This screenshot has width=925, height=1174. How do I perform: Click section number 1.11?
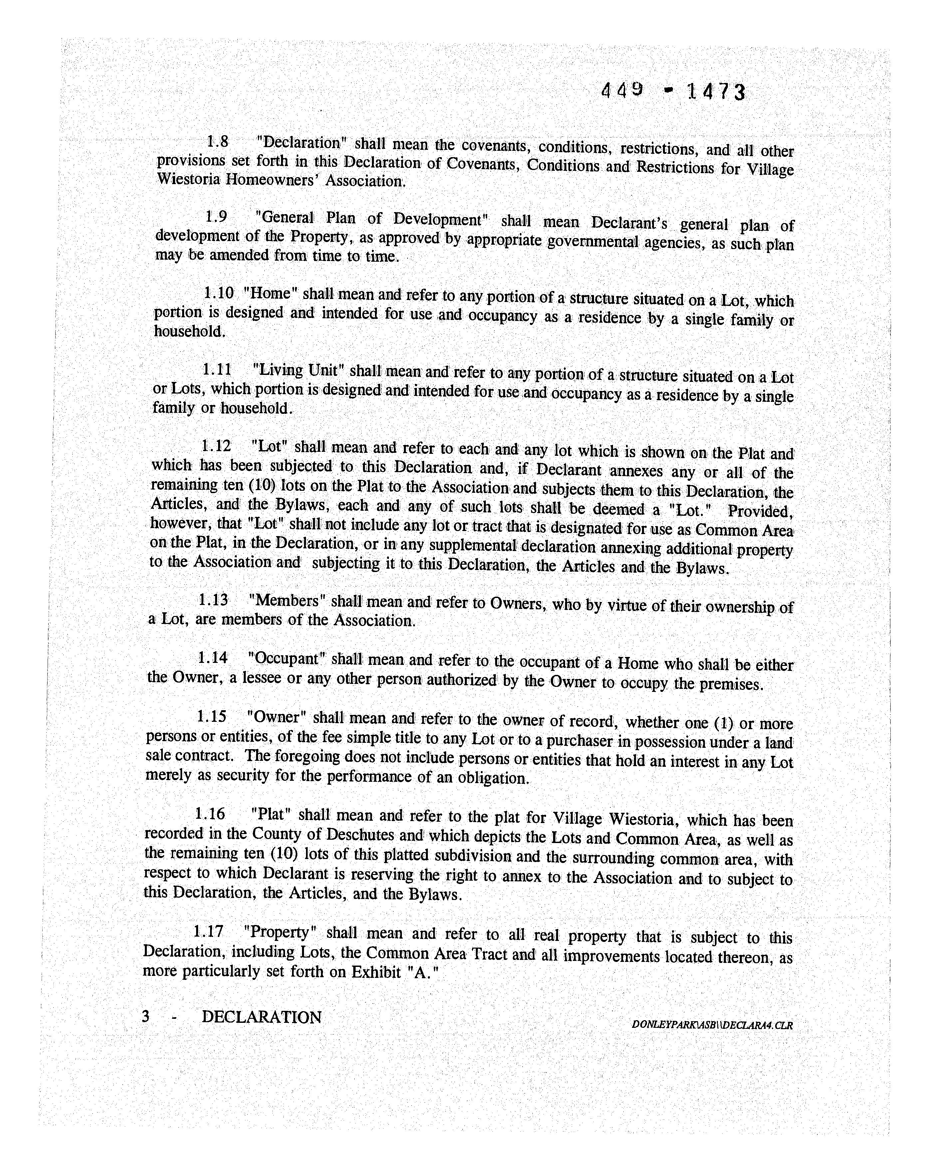click(x=217, y=370)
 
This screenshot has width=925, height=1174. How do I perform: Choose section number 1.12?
click(x=215, y=446)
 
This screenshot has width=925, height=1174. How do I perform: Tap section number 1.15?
click(x=211, y=717)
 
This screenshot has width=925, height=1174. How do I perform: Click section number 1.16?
click(x=209, y=813)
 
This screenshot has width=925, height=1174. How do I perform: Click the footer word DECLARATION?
click(x=262, y=1017)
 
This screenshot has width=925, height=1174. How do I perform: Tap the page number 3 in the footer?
click(x=145, y=1017)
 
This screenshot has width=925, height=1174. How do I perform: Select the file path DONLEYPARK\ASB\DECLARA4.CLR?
click(x=711, y=1025)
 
